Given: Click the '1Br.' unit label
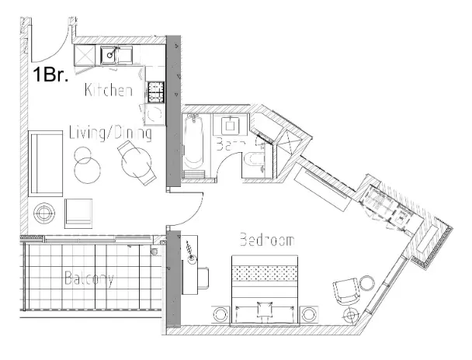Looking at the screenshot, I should coord(50,76).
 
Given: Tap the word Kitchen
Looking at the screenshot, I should coord(109,92).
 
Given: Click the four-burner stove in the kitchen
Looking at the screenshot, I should coord(155,93).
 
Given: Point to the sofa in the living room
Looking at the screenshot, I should coord(45,163).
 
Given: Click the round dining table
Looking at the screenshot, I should coord(135,163).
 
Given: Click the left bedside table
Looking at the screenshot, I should coord(220,314).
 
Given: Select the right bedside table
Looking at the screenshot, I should coord(309,314).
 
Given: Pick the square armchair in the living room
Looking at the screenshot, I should coord(78,212).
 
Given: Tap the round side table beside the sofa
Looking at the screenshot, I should coord(43,212).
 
